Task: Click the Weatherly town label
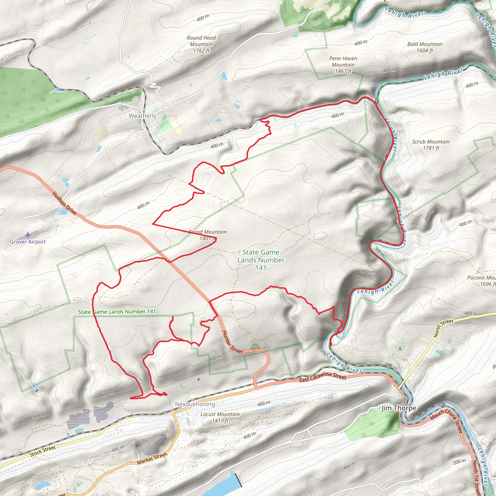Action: click(x=142, y=116)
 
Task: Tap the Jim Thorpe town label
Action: click(x=399, y=408)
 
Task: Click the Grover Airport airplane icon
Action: click(x=28, y=235)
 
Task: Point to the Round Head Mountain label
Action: click(x=201, y=44)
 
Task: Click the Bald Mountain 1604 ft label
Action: click(x=425, y=47)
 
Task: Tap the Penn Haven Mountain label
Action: click(x=343, y=65)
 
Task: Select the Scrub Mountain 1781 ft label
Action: click(x=431, y=145)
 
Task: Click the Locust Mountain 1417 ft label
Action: click(x=220, y=417)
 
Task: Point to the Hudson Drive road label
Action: click(x=64, y=203)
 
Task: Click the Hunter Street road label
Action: click(x=232, y=342)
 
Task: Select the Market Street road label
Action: click(x=152, y=458)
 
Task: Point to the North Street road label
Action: click(x=443, y=328)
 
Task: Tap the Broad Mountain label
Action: click(x=208, y=235)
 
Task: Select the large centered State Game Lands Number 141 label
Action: click(x=261, y=260)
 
